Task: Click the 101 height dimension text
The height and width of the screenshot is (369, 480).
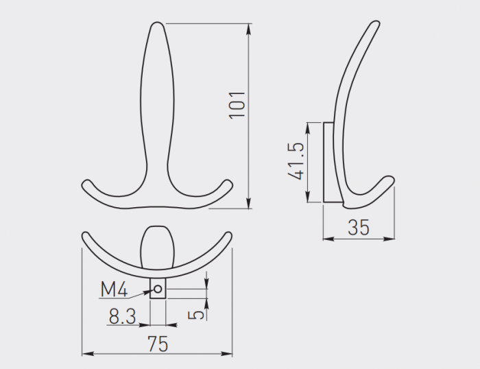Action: pyautogui.click(x=237, y=103)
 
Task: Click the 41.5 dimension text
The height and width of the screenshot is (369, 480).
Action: pyautogui.click(x=296, y=162)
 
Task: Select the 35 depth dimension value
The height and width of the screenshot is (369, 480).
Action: pyautogui.click(x=359, y=228)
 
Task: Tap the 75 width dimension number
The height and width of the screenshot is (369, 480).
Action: pyautogui.click(x=157, y=344)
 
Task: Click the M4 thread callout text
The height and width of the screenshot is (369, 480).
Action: pyautogui.click(x=114, y=290)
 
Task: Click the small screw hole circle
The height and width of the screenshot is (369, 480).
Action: pyautogui.click(x=158, y=290)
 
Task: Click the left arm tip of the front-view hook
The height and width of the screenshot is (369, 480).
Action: pyautogui.click(x=86, y=184)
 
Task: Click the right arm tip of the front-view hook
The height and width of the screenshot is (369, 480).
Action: pyautogui.click(x=228, y=184)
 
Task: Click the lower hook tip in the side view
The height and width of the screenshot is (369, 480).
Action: pyautogui.click(x=390, y=180)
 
